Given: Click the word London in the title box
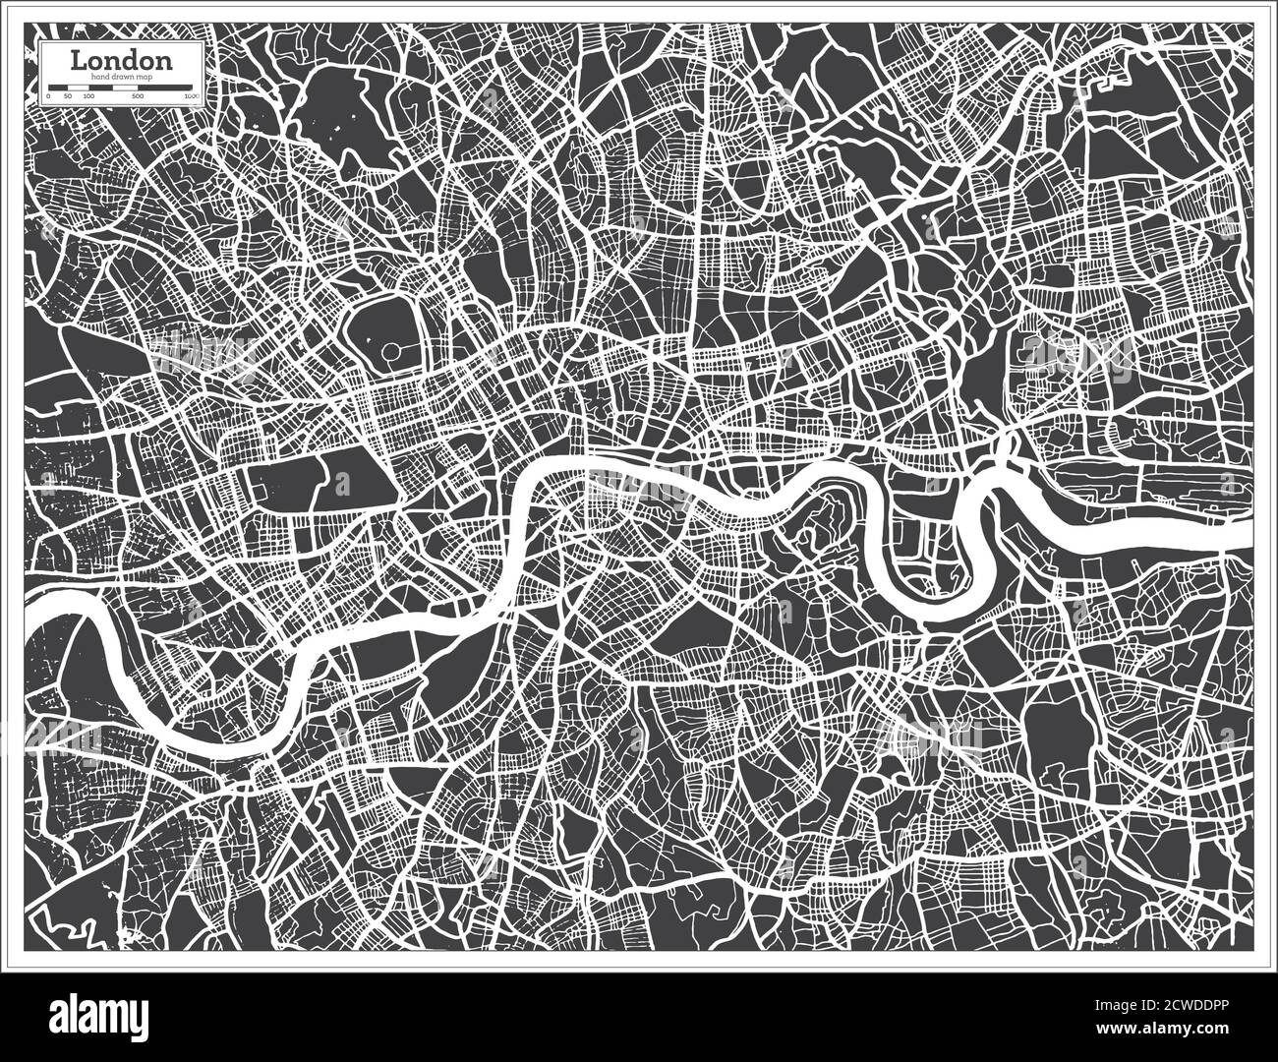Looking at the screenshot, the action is [122, 60].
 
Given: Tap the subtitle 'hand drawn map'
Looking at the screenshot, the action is [122, 77].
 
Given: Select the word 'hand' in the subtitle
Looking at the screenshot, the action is [97, 77].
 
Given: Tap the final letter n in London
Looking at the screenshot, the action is [165, 61].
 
